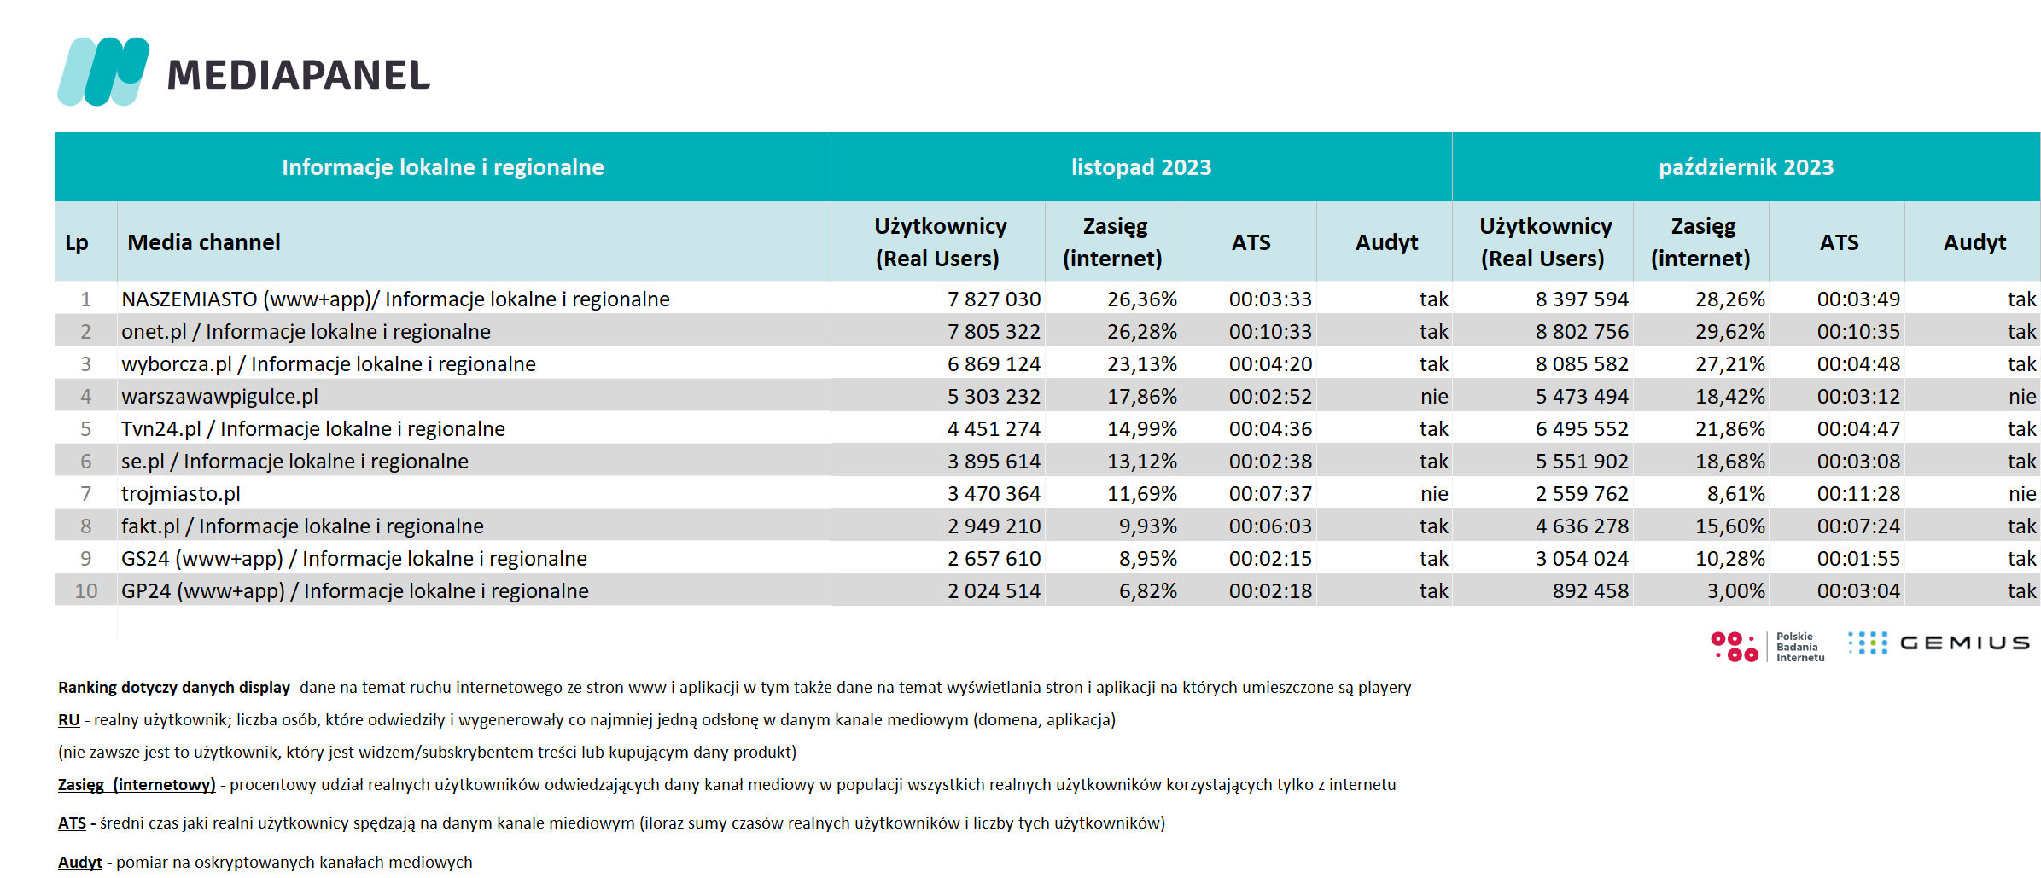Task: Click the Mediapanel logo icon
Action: (103, 72)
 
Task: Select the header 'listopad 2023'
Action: (1141, 167)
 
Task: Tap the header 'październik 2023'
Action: (1746, 167)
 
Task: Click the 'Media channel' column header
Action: (204, 242)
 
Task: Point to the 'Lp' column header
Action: (77, 243)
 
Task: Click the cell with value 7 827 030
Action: (994, 299)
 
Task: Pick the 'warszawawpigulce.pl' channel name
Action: (219, 397)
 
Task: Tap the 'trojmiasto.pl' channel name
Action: (181, 494)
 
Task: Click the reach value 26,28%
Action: (1141, 332)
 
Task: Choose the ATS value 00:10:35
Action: (1858, 332)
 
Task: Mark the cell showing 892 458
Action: (1590, 591)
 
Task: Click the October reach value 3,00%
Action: (1735, 591)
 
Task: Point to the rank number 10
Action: (86, 591)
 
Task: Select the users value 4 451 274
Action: (994, 429)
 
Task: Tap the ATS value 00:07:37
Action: (1270, 494)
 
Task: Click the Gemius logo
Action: (1939, 643)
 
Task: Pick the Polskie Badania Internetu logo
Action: (1768, 647)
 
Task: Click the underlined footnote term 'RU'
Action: (68, 720)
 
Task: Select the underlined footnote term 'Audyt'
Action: (80, 863)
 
